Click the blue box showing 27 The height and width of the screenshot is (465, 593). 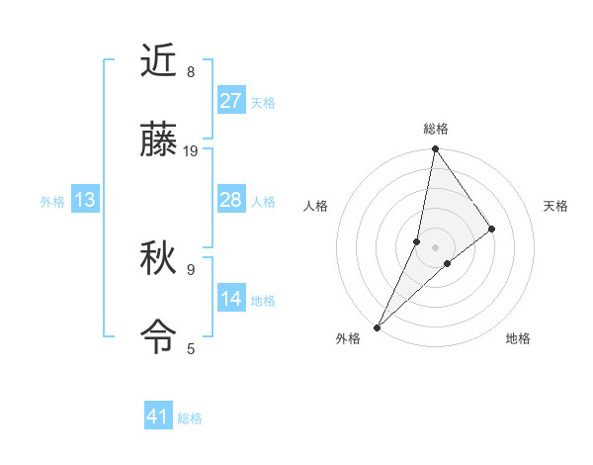[231, 101]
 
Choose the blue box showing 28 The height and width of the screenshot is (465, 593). [231, 201]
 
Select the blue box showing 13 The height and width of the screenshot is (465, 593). [85, 201]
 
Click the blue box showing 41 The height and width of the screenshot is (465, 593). [158, 417]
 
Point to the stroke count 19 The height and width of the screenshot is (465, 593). [192, 151]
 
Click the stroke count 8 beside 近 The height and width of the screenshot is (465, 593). [191, 71]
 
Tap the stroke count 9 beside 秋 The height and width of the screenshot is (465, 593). [191, 268]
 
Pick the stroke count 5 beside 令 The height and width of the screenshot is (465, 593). [191, 348]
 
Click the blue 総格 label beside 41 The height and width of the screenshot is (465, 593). [190, 418]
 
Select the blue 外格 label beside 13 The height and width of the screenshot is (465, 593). [52, 202]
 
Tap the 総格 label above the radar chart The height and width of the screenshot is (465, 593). [436, 129]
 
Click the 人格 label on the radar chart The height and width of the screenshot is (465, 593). [316, 206]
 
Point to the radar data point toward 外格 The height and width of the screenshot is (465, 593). [378, 326]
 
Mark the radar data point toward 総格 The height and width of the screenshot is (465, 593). [436, 150]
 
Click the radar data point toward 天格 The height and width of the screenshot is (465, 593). [492, 229]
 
